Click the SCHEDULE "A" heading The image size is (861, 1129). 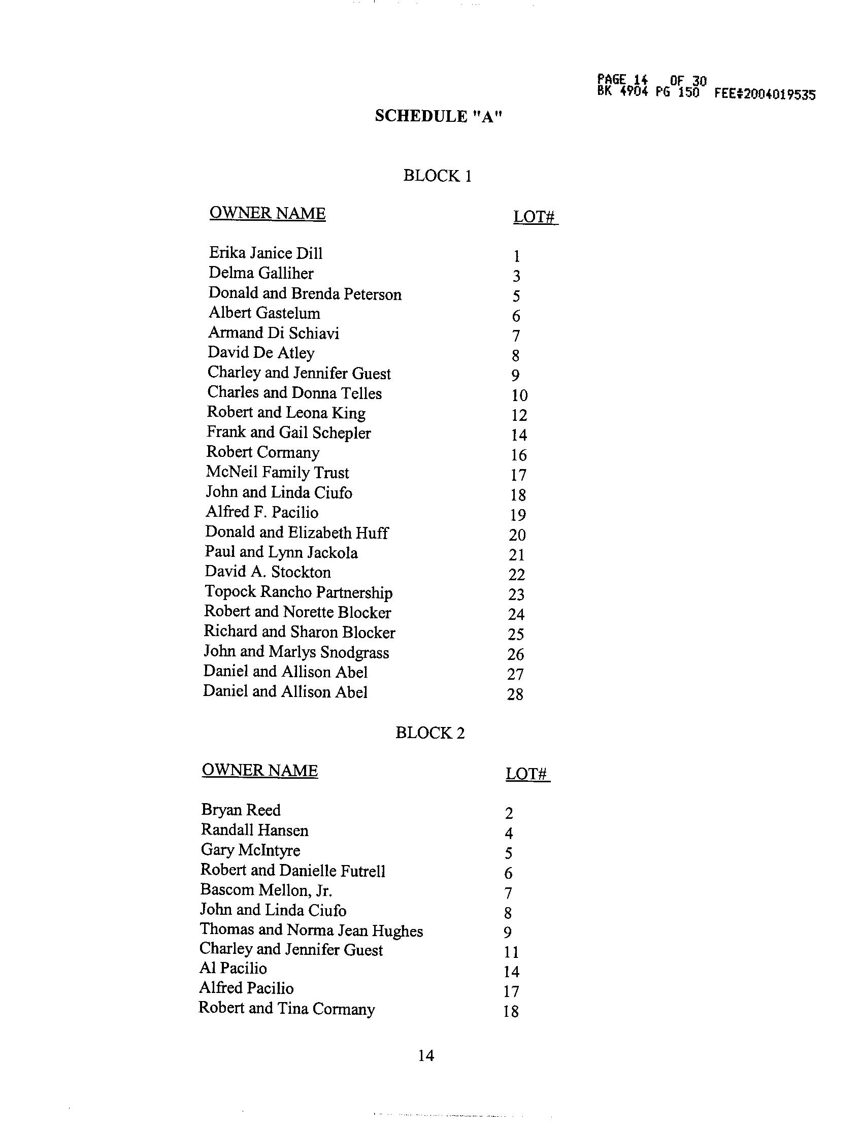pos(438,116)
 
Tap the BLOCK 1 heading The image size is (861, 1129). pos(437,176)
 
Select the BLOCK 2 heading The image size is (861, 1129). pos(430,733)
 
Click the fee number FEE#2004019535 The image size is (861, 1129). pos(765,94)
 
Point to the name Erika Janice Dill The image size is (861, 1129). pos(266,253)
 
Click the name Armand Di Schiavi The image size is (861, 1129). pos(273,333)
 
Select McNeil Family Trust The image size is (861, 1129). pos(277,472)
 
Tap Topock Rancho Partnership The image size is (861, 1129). pos(299,592)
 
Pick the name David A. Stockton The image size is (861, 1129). pos(268,572)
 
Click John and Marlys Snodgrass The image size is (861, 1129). pos(296,652)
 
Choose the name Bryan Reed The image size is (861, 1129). pos(241,810)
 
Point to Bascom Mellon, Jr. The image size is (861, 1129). pos(266,890)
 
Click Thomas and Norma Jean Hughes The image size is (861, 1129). pos(311,929)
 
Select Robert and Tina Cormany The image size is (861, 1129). pos(286,1009)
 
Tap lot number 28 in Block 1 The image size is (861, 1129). pos(515,694)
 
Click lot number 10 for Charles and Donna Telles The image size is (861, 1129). pos(519,395)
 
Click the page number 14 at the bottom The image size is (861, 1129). pos(426,1056)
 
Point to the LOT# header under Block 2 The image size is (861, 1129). pos(527,773)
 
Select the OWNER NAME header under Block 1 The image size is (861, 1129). pos(268,213)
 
